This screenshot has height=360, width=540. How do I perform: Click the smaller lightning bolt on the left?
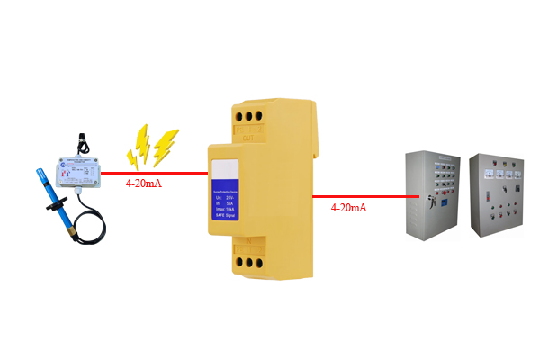tap(140, 144)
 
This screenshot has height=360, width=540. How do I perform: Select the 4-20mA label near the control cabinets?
tap(349, 208)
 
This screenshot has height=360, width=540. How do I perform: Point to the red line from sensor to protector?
tap(153, 171)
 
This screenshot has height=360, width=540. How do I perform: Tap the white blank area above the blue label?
tap(224, 170)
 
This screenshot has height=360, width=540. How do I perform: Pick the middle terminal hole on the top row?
tap(249, 115)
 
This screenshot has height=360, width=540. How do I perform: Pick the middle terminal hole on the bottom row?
tap(248, 263)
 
